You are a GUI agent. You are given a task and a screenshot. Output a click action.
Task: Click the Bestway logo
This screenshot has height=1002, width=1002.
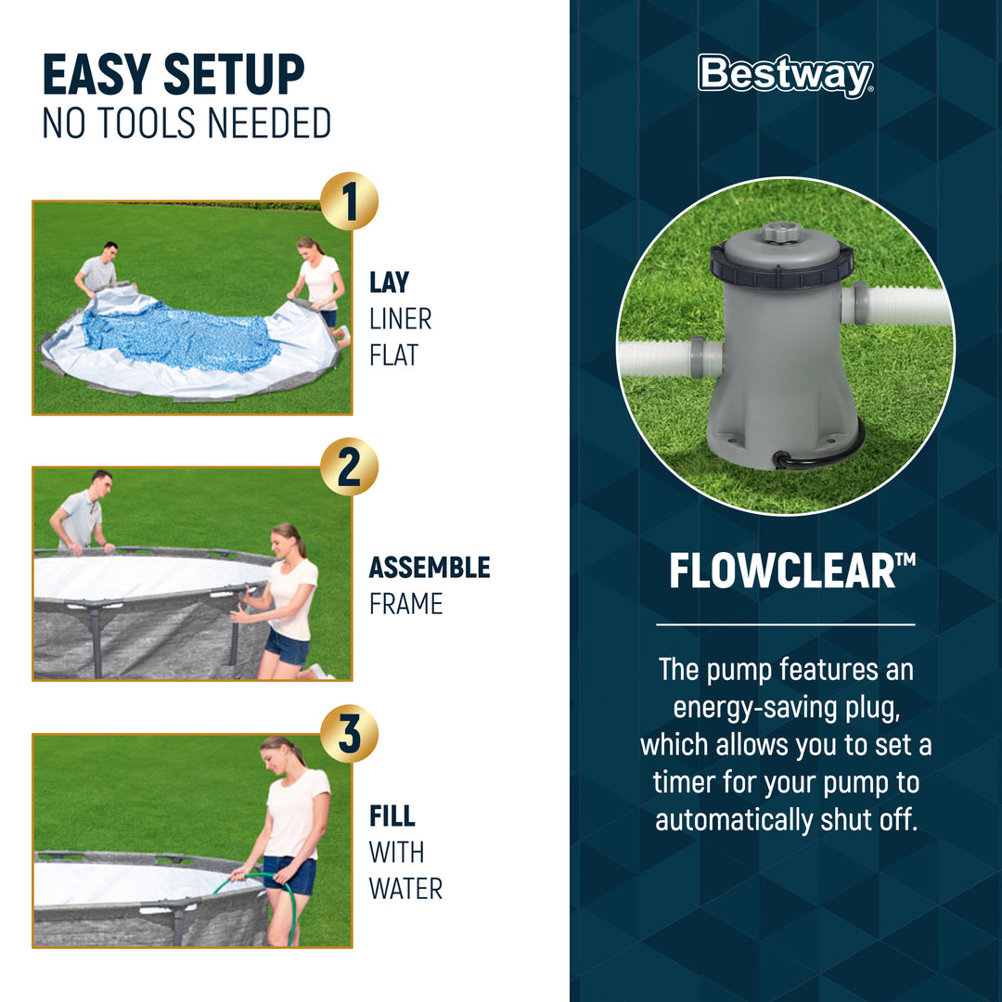coord(785,76)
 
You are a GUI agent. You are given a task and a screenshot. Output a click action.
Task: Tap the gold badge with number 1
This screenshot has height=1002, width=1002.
coord(349,200)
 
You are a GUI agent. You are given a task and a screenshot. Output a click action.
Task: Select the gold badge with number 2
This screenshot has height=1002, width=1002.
coord(349,467)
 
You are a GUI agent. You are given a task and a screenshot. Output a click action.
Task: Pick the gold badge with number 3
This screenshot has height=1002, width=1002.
coord(349,733)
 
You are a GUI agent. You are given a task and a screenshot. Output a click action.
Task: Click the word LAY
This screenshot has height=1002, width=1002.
coord(389,282)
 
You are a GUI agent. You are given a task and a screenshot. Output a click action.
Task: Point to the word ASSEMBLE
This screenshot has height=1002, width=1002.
coord(429,567)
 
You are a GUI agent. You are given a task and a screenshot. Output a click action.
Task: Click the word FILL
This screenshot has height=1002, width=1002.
coord(392,816)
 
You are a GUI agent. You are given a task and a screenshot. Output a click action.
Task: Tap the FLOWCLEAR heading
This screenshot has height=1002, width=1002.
coord(785,572)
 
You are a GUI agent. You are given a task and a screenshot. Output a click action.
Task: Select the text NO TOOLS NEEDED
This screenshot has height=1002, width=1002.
coord(186,123)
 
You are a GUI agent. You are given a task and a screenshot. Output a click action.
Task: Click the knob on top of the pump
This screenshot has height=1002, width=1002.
coord(781,230)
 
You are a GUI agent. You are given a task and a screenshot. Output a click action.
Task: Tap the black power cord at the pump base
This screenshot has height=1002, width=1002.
coord(816,455)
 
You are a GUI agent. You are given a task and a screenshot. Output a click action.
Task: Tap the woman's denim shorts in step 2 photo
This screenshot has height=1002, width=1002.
coord(287,647)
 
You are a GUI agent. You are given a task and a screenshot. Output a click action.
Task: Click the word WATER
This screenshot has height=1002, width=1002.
coord(405,888)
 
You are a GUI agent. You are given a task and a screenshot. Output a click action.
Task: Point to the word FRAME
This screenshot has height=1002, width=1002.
coord(405,604)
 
